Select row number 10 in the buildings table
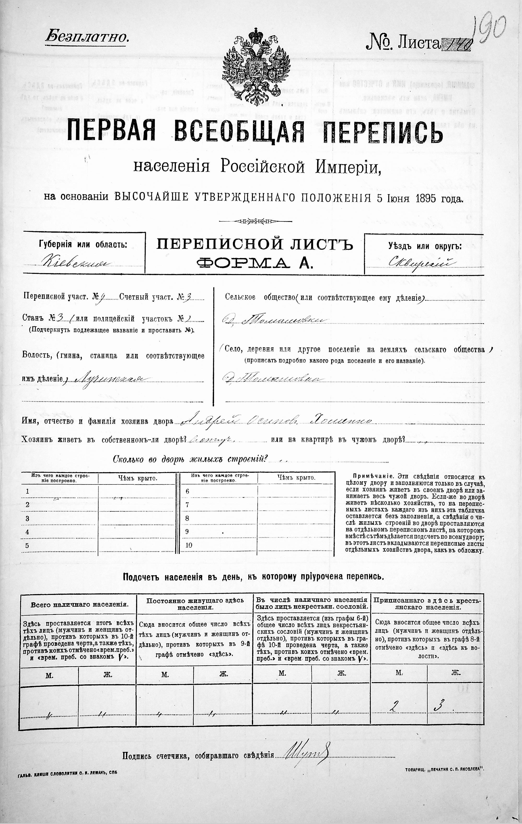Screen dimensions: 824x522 [189, 545]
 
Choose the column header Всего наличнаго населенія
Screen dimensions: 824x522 [79, 604]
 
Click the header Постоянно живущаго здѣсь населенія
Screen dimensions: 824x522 [195, 604]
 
